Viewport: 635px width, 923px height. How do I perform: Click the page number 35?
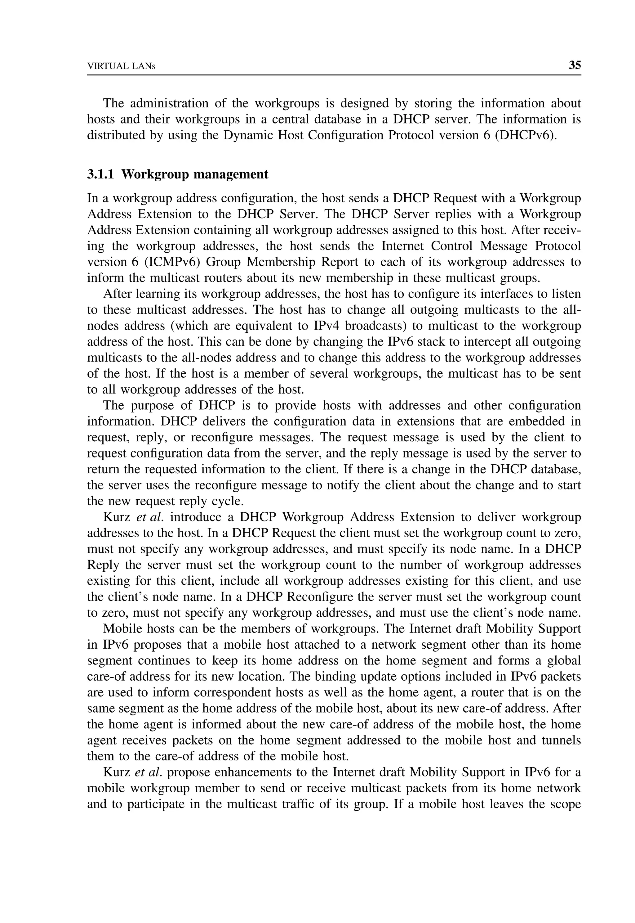[x=575, y=65]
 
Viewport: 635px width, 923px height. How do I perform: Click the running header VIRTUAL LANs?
[x=121, y=66]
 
